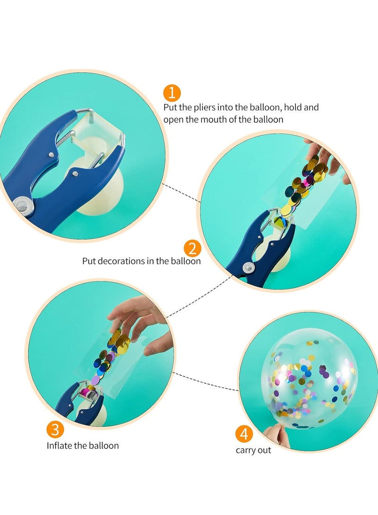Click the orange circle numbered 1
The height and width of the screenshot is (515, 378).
point(172,92)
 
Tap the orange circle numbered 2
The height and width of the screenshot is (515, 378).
point(192,248)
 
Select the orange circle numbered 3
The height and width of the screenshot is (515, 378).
point(55,430)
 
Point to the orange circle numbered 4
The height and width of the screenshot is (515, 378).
point(244,434)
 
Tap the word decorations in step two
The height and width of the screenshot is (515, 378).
point(133,261)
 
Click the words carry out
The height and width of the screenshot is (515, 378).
point(254,450)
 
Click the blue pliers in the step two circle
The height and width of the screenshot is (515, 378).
point(258,250)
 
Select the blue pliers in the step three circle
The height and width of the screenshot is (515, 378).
point(78,401)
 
